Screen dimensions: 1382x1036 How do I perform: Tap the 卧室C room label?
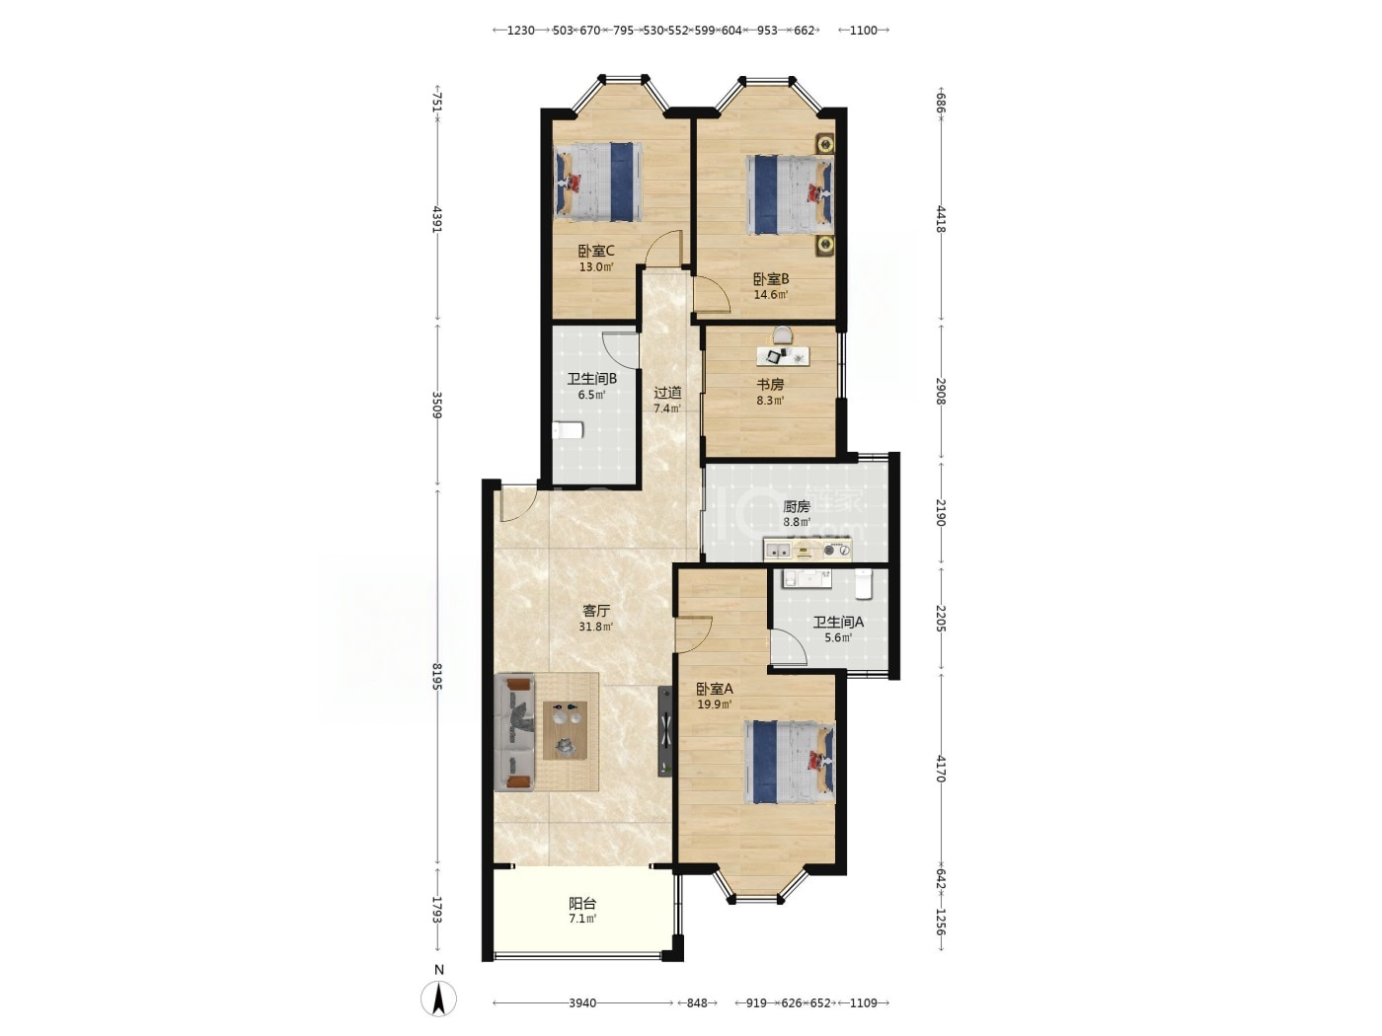(595, 251)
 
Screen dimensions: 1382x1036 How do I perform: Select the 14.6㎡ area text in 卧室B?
(771, 294)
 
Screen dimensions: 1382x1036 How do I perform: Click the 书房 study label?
(770, 384)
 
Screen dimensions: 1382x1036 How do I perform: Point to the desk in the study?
(783, 356)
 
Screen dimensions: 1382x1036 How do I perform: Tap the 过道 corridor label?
(667, 393)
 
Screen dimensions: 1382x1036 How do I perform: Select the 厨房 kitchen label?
(797, 506)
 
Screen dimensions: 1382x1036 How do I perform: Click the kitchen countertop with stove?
(807, 550)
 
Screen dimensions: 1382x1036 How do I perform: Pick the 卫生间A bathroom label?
(838, 623)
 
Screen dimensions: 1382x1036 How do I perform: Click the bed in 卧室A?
(790, 762)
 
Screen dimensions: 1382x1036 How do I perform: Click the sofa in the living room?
(514, 732)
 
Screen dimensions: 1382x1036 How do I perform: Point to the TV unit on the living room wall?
(665, 731)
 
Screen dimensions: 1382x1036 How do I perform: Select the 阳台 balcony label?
(582, 903)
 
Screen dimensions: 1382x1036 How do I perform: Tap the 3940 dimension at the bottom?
(582, 1003)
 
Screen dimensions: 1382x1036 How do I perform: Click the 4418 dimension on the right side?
(940, 219)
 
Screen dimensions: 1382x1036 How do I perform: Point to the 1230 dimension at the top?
(520, 31)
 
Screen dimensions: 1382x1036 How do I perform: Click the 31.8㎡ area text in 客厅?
(595, 627)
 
